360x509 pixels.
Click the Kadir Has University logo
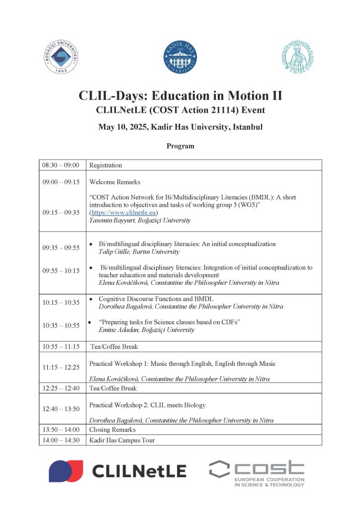[x=180, y=57]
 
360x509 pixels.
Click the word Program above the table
[x=180, y=146]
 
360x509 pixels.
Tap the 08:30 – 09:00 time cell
[x=61, y=165]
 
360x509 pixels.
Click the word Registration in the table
[x=105, y=165]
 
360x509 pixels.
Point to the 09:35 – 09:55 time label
[x=61, y=248]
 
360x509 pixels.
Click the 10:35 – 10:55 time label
[x=61, y=325]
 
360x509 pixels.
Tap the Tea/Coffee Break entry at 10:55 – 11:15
[x=114, y=346]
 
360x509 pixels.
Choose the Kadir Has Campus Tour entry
[x=122, y=440]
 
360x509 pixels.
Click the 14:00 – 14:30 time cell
[x=61, y=440]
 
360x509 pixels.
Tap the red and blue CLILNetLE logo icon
[x=66, y=471]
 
